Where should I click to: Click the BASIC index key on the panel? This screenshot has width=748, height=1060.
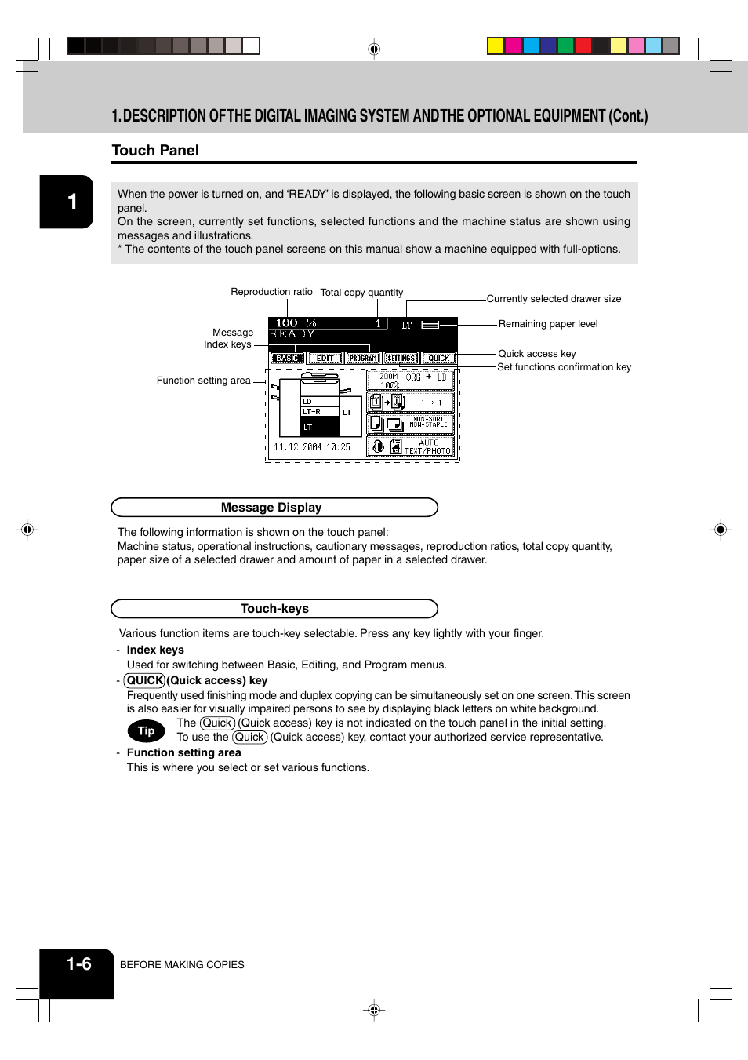[287, 358]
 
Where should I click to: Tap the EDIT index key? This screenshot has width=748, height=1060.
[325, 358]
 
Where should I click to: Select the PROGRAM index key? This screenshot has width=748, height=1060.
[363, 358]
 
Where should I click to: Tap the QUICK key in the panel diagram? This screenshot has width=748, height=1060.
[438, 358]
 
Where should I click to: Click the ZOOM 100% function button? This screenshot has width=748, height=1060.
[410, 381]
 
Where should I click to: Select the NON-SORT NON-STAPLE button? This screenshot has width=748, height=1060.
[410, 424]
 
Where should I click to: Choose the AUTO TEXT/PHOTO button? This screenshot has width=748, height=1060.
[410, 446]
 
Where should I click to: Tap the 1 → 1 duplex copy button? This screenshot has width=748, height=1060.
[410, 403]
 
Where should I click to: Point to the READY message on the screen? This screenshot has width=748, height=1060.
[292, 333]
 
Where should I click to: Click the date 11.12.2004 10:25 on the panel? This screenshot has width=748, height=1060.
[311, 447]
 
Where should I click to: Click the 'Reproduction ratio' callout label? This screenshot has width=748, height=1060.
[271, 292]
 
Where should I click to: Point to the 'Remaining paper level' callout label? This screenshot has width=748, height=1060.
[547, 324]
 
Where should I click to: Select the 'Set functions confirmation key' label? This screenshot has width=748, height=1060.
[564, 367]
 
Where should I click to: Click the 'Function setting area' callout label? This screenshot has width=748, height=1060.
[203, 381]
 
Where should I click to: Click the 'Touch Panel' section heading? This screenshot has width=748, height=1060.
[155, 151]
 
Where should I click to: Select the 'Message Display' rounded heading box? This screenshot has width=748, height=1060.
[274, 508]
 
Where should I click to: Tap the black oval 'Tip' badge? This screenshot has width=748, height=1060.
[146, 730]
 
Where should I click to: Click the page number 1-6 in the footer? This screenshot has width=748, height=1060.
[78, 964]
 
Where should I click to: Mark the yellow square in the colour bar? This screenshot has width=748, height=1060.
[496, 46]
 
